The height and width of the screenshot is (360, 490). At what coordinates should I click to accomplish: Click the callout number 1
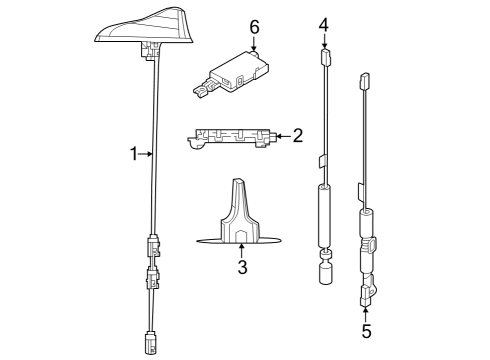133,153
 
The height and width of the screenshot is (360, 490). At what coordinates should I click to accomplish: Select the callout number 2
297,135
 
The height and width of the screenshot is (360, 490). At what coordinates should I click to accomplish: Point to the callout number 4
323,23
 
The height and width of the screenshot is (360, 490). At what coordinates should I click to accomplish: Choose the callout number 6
254,24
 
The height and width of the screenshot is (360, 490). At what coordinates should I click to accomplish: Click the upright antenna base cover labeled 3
240,214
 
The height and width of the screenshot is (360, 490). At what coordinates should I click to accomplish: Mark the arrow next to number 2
280,135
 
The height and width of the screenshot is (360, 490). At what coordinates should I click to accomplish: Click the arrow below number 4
323,42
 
